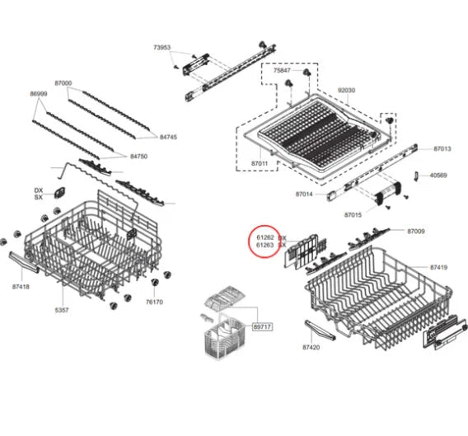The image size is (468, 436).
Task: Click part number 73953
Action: point(161,48)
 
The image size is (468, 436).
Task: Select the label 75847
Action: point(283,72)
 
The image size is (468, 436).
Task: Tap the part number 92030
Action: point(346,90)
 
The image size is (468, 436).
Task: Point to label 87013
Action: point(442,148)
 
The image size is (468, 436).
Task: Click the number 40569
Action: point(438,175)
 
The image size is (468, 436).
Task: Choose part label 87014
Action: point(304,194)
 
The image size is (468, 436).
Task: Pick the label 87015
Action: point(353,214)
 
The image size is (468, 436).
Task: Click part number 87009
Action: point(415,232)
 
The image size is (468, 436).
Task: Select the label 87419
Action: point(438,268)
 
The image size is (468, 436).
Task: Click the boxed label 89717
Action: point(262,327)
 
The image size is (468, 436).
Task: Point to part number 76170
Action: point(155,302)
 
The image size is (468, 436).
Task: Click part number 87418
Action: point(21,286)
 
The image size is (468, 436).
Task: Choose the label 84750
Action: point(138,156)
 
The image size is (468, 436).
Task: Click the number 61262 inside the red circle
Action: point(264,237)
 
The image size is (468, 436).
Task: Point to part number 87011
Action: point(260,165)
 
